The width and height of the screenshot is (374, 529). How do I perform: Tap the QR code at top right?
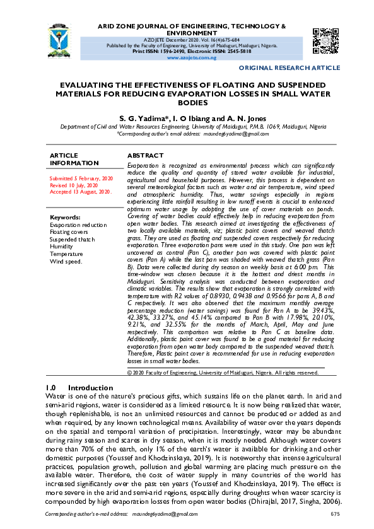click(x=325, y=40)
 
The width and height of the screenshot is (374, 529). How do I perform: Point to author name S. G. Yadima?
click(x=144, y=118)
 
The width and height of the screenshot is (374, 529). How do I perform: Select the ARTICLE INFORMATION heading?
click(x=74, y=159)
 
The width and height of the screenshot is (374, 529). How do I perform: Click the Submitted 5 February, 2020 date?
click(x=81, y=179)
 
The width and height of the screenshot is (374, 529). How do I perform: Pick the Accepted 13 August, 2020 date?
click(x=81, y=192)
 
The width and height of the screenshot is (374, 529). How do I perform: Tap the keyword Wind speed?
click(x=67, y=261)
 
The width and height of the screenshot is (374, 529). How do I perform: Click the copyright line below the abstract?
click(x=223, y=373)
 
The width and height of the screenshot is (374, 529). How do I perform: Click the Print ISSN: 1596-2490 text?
click(x=156, y=51)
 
